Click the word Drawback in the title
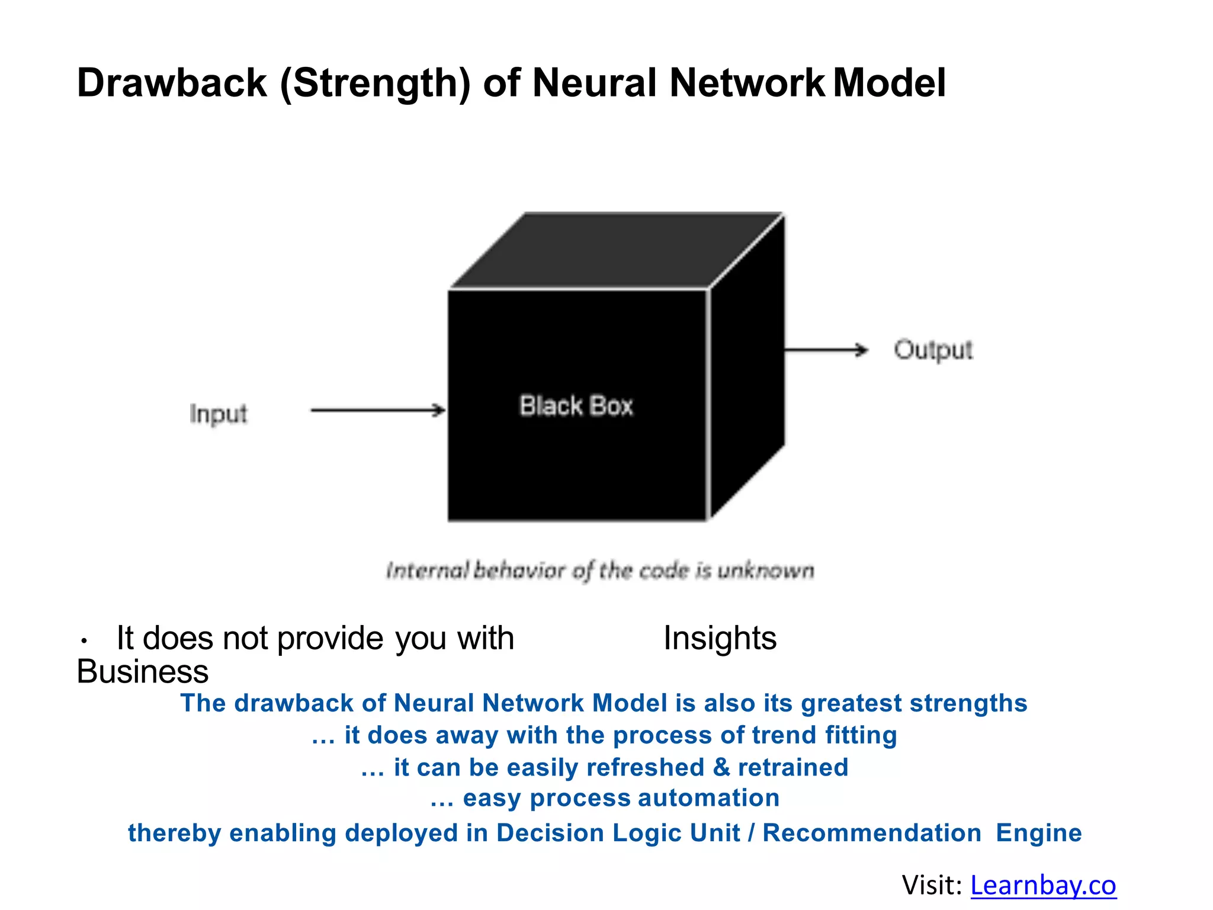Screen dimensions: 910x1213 tap(172, 83)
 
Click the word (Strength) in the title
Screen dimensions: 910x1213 tap(375, 83)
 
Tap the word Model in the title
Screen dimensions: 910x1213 tap(890, 83)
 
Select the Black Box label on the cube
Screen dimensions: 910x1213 tap(576, 406)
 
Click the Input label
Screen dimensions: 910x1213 tap(218, 414)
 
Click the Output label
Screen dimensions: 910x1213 tap(933, 350)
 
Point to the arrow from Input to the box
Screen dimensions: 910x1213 tap(378, 410)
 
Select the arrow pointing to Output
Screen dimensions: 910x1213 tap(826, 350)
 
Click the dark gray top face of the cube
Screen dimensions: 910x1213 tap(616, 249)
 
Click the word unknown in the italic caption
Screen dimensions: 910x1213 tap(766, 571)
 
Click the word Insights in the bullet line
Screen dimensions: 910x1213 tap(720, 638)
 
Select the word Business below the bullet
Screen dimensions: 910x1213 tap(143, 672)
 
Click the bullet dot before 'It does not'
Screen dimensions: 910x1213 tap(85, 641)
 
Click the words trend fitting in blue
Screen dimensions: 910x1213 tap(824, 735)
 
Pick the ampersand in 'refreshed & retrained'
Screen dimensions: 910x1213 tap(721, 767)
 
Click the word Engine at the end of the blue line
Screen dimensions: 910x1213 tap(1038, 833)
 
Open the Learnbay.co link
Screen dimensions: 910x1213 tap(1042, 885)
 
